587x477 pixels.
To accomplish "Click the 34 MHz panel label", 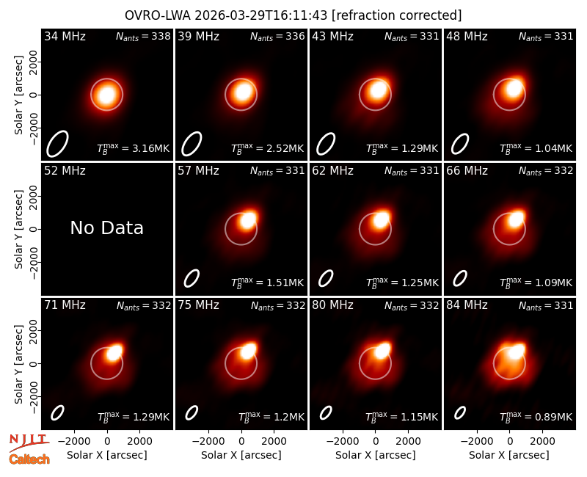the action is coord(65,36).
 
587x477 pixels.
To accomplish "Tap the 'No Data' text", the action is coord(106,227).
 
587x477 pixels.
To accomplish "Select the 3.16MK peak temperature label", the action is coord(134,148).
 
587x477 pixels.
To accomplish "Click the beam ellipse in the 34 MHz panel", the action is coord(57,144).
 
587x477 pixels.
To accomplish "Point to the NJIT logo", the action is coord(29,442).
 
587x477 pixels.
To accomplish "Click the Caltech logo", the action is coord(29,459).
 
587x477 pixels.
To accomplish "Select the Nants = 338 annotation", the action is coord(143,36).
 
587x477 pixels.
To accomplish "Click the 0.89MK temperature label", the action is coord(536,417).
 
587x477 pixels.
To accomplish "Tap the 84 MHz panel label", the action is coord(467,305).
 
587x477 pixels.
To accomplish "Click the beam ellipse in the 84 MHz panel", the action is coord(460,413).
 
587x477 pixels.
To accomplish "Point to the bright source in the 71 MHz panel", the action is coord(114,352).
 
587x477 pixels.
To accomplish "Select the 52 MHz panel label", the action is coord(65,171).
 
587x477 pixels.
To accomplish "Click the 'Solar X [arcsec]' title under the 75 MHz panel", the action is coord(241,455).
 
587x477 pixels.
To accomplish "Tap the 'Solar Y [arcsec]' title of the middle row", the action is coord(18,229).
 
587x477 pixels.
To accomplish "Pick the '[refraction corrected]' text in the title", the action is coord(396,15).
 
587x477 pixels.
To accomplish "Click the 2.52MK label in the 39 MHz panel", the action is coord(267,148).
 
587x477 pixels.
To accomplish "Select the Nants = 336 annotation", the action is coord(277,36).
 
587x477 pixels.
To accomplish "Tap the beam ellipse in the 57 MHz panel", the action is coord(192,279).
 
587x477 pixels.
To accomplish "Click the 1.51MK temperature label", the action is coord(267,283).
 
